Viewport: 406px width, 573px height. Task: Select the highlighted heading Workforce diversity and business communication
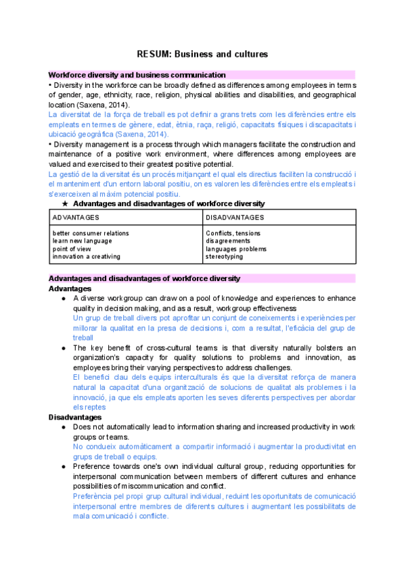pos(137,75)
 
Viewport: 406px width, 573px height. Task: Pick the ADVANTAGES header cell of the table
pos(76,217)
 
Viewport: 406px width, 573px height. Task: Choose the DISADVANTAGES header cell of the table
pos(235,217)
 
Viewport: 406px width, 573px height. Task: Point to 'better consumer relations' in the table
pos(91,233)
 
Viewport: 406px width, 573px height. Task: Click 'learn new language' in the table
pos(82,241)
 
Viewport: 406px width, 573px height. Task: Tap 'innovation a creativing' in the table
pos(86,256)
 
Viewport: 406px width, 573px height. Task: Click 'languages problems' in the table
pos(235,249)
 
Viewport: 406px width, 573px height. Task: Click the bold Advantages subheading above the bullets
pos(70,289)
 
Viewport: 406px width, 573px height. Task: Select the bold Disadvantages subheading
pos(75,418)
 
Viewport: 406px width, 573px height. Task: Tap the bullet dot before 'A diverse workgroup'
pos(63,298)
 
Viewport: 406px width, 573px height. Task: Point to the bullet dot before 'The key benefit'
pos(63,348)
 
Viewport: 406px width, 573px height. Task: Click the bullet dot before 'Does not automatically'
pos(63,428)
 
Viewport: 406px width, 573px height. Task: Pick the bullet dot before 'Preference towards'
pos(63,466)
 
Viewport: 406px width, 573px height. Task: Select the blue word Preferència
pos(94,495)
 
